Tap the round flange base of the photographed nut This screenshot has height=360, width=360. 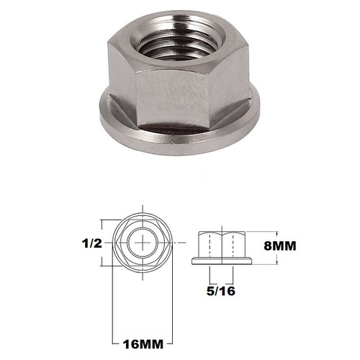pyautogui.click(x=180, y=133)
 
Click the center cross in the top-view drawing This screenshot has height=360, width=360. pyautogui.click(x=147, y=243)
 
